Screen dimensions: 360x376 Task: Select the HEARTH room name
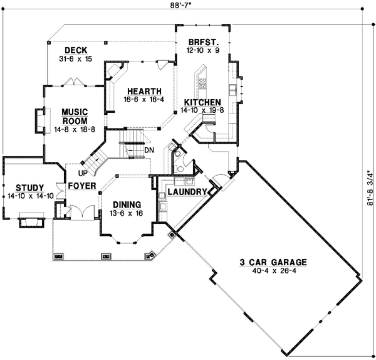(x=143, y=90)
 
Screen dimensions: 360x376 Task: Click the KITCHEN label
(x=201, y=102)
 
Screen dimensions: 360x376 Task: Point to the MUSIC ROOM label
(x=74, y=116)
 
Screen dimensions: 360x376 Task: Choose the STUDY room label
(x=29, y=188)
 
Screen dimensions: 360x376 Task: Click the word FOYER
(x=81, y=186)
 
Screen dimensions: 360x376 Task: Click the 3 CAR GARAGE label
(x=269, y=262)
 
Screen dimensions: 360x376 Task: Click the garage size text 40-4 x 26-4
(x=269, y=272)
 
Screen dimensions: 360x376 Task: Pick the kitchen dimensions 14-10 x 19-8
(x=202, y=110)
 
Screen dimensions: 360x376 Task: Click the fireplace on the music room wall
(x=39, y=120)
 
